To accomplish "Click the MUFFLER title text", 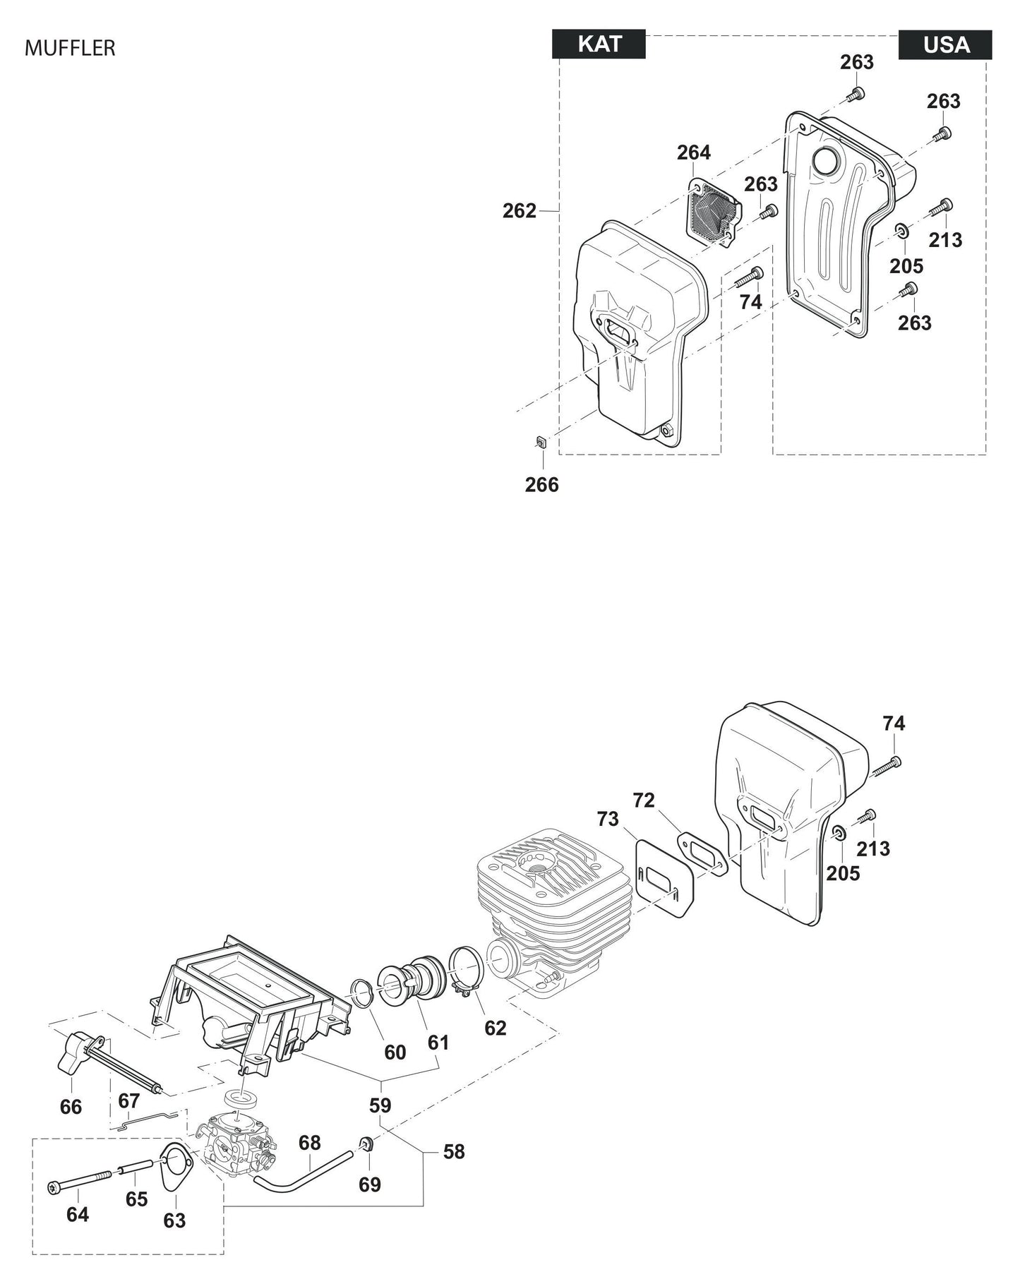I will (x=70, y=48).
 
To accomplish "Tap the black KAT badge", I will (x=599, y=44).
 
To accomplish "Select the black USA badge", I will (x=945, y=45).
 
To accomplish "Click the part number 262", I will (x=519, y=211).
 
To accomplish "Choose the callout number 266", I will (x=541, y=485).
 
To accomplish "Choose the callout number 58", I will (x=453, y=1152).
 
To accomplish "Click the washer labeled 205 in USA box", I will (x=901, y=232).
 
